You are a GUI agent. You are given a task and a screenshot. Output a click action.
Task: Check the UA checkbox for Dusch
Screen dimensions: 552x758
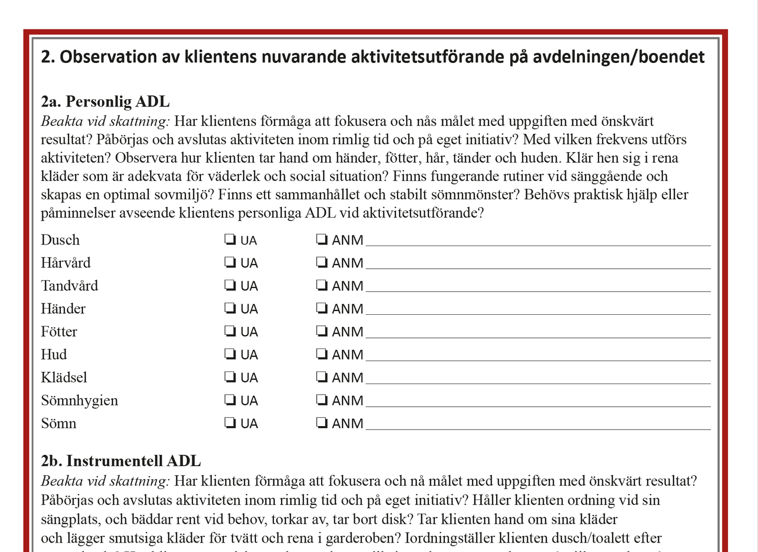click(x=230, y=240)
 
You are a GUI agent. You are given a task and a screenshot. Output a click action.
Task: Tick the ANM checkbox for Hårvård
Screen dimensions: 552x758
click(x=322, y=262)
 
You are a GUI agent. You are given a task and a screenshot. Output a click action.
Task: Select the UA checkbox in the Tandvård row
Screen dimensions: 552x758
click(x=230, y=285)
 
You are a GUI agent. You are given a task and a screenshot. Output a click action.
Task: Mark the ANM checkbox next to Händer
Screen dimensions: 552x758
click(x=322, y=309)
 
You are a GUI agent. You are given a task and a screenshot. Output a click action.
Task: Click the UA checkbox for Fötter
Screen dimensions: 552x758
click(x=230, y=331)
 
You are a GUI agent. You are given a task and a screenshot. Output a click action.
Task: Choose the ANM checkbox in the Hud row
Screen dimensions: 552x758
click(x=322, y=354)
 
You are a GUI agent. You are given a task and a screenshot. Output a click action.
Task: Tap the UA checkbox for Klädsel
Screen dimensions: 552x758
click(x=230, y=377)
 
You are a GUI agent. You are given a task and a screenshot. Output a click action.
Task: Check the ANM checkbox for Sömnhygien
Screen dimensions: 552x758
click(x=322, y=400)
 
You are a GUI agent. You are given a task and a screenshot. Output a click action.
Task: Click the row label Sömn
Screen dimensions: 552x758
click(x=59, y=423)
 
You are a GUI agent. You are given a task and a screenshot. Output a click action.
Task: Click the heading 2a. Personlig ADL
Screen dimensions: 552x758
click(x=105, y=101)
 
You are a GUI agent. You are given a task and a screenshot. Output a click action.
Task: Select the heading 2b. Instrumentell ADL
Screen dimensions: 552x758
click(x=121, y=461)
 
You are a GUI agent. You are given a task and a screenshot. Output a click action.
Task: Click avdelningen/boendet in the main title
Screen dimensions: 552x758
click(x=618, y=57)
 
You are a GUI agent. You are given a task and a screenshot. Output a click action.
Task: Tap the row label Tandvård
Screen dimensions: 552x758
click(x=70, y=286)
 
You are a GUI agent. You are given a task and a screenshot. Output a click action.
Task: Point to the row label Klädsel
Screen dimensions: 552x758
click(x=64, y=378)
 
